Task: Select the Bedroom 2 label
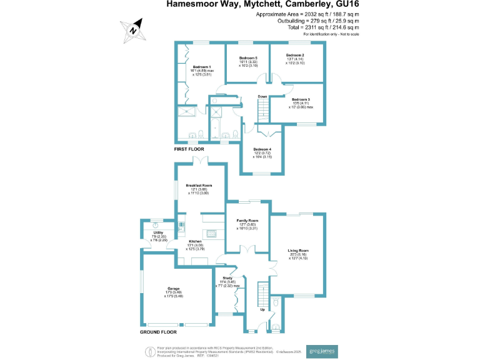pos(294,56)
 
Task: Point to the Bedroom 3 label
pos(301,99)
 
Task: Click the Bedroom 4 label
pos(262,149)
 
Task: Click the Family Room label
pos(247,221)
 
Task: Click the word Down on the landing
pos(262,96)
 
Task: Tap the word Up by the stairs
pos(261,309)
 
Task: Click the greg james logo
pos(323,351)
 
